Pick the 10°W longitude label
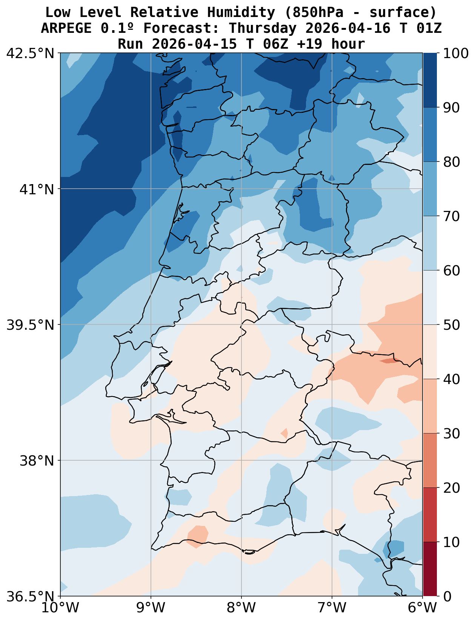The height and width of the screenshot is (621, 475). [x=60, y=609]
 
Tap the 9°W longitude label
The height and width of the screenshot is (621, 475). [x=151, y=609]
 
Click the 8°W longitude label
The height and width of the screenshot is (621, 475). [x=241, y=609]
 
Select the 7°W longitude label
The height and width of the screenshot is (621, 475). [x=332, y=609]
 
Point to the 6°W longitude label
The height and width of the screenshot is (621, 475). [x=423, y=609]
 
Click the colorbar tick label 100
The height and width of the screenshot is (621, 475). [x=456, y=53]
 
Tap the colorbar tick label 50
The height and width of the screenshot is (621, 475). [x=451, y=325]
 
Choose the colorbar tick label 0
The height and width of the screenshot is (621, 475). [x=447, y=596]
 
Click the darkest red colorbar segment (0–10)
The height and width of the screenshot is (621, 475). [x=430, y=569]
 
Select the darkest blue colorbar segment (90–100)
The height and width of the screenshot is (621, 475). [x=430, y=80]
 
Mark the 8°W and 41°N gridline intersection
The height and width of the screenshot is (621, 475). [x=241, y=189]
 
